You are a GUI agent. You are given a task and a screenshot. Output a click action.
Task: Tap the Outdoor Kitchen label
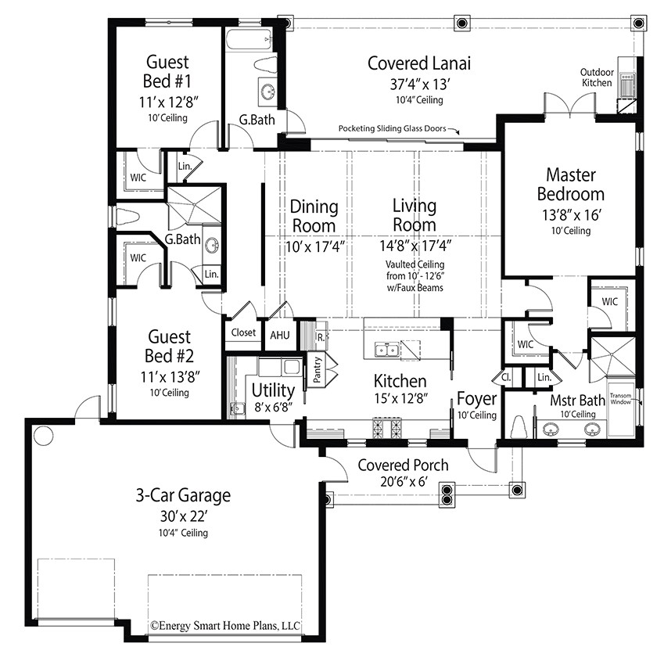point(596,77)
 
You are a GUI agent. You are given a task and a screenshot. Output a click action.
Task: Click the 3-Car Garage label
point(181,495)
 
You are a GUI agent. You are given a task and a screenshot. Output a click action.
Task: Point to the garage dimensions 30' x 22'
point(181,516)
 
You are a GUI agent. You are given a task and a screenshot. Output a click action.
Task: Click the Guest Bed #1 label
point(167,71)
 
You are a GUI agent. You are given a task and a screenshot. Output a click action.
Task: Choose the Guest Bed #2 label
point(169,347)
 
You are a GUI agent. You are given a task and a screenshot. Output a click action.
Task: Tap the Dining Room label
point(314,216)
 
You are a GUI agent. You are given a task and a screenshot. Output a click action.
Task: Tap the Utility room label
point(273,390)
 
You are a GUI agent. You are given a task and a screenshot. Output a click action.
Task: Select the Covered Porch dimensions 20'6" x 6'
point(403,482)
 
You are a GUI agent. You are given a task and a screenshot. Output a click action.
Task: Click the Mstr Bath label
point(576,401)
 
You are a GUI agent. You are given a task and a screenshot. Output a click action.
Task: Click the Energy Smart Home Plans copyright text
point(225,625)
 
